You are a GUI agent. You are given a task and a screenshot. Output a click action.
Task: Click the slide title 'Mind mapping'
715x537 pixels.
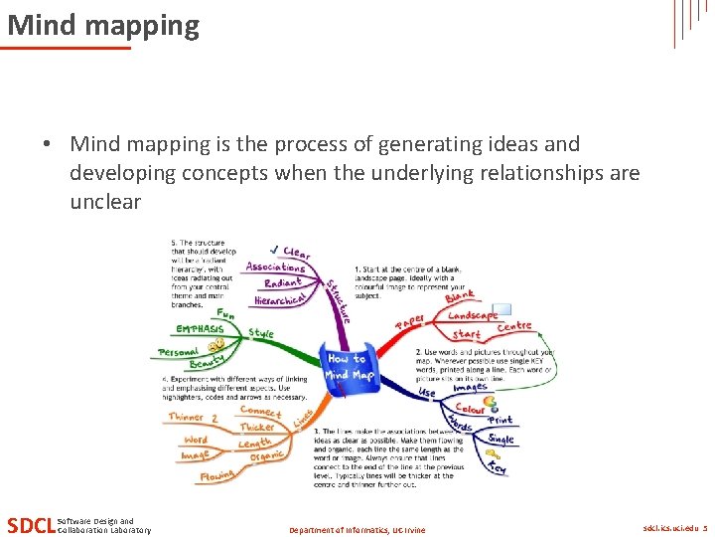[103, 25]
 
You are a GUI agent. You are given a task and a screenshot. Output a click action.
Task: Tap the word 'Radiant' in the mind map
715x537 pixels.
[283, 284]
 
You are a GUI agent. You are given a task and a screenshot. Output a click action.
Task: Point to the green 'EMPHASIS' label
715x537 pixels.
[200, 329]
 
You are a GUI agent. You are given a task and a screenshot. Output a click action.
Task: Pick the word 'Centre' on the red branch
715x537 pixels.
[514, 326]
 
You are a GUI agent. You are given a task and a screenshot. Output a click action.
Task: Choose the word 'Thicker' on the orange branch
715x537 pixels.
[257, 427]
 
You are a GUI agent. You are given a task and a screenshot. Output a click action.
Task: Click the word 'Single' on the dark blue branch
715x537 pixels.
[501, 439]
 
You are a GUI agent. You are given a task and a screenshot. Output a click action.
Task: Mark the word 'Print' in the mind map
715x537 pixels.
[500, 421]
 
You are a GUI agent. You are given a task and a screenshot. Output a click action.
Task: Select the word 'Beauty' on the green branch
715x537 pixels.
[207, 364]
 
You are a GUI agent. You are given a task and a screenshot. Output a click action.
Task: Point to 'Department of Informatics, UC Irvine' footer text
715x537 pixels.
[357, 530]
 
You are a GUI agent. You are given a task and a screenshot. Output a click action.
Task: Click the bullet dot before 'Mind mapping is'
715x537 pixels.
[47, 144]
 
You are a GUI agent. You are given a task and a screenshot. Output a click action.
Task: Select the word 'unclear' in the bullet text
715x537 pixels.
[105, 202]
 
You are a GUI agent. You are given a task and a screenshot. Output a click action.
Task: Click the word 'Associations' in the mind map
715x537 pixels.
[275, 267]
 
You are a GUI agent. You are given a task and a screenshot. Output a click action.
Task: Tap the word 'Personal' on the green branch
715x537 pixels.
[179, 352]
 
